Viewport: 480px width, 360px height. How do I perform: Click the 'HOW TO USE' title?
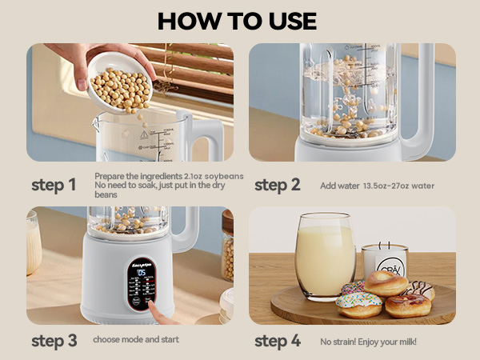[237, 20]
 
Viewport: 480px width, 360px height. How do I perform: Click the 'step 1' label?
[54, 186]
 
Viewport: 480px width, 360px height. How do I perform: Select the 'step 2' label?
[277, 186]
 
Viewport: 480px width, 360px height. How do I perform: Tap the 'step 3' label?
[54, 341]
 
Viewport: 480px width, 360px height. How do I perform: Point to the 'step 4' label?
[277, 341]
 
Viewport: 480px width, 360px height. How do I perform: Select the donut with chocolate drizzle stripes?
[418, 290]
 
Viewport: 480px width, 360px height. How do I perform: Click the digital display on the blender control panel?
[141, 273]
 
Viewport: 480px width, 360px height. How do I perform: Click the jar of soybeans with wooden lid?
[227, 248]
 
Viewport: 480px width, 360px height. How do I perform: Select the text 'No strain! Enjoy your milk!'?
[368, 342]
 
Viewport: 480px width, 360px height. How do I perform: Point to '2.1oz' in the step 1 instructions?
[194, 176]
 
